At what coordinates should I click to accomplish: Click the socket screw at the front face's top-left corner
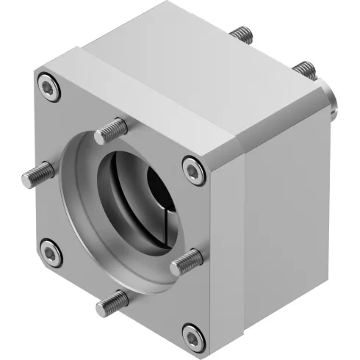pyautogui.click(x=49, y=87)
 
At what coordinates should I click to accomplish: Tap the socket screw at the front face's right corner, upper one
pyautogui.click(x=193, y=170)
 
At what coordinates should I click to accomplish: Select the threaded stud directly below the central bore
pyautogui.click(x=112, y=298)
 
